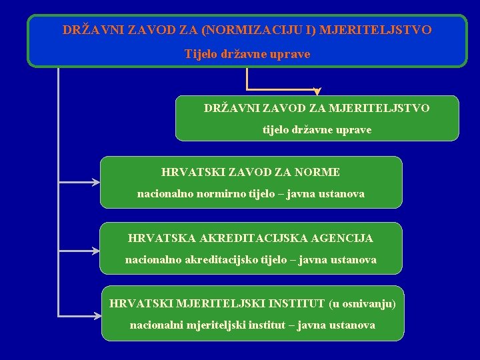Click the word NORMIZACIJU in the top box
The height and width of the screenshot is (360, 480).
click(247, 30)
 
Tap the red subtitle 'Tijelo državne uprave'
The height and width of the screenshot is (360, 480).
click(247, 54)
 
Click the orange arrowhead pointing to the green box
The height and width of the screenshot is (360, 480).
click(317, 91)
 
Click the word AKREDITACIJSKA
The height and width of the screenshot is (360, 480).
click(260, 238)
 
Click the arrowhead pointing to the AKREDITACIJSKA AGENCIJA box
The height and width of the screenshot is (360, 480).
click(95, 251)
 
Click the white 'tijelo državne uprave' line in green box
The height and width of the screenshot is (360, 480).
click(317, 130)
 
